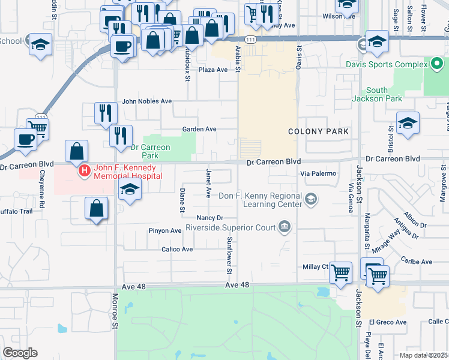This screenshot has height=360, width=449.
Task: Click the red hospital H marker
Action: [85, 171]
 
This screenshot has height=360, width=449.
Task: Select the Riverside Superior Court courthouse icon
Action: [285, 227]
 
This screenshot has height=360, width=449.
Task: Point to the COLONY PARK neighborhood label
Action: [318, 131]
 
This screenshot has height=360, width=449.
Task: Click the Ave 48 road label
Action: [237, 286]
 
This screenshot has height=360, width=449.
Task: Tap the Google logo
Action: [20, 353]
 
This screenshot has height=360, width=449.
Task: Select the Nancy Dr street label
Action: [209, 218]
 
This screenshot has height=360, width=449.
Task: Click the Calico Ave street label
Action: [177, 249]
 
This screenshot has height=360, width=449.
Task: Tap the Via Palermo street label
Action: [318, 173]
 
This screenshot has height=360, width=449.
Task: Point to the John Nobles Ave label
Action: [147, 102]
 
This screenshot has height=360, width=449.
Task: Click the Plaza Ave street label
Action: [213, 70]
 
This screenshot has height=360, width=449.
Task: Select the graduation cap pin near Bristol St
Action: [408, 122]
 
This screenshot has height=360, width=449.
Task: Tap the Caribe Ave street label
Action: [417, 262]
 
